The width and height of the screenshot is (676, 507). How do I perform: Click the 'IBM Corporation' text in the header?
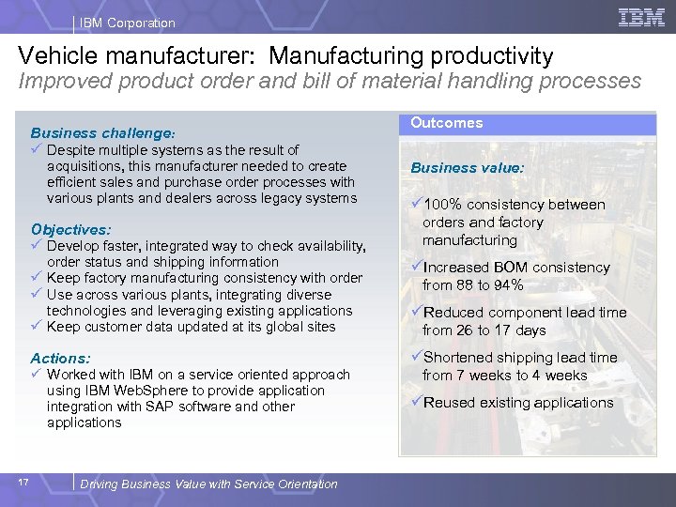(127, 23)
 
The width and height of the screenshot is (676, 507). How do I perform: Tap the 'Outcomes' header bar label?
(446, 123)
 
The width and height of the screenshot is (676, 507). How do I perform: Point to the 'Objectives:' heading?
(70, 229)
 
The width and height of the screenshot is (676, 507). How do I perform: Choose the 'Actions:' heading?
(61, 358)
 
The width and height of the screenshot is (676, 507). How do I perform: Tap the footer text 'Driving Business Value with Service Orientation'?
(208, 484)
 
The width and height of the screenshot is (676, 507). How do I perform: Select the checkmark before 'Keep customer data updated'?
(37, 327)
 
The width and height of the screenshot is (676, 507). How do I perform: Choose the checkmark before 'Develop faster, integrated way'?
(37, 246)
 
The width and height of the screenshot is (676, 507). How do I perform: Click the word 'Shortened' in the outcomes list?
(459, 358)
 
